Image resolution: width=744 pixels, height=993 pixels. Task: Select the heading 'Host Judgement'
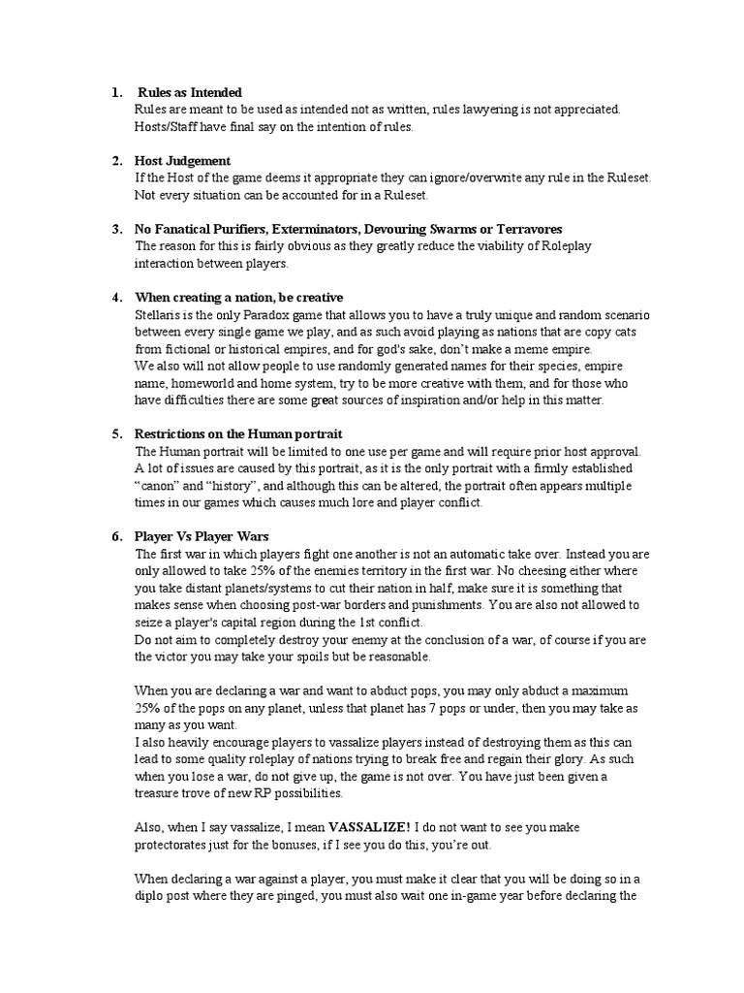[x=182, y=160]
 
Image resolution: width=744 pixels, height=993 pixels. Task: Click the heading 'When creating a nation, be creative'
[x=239, y=297]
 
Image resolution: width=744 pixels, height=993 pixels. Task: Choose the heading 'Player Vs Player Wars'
[x=201, y=536]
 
